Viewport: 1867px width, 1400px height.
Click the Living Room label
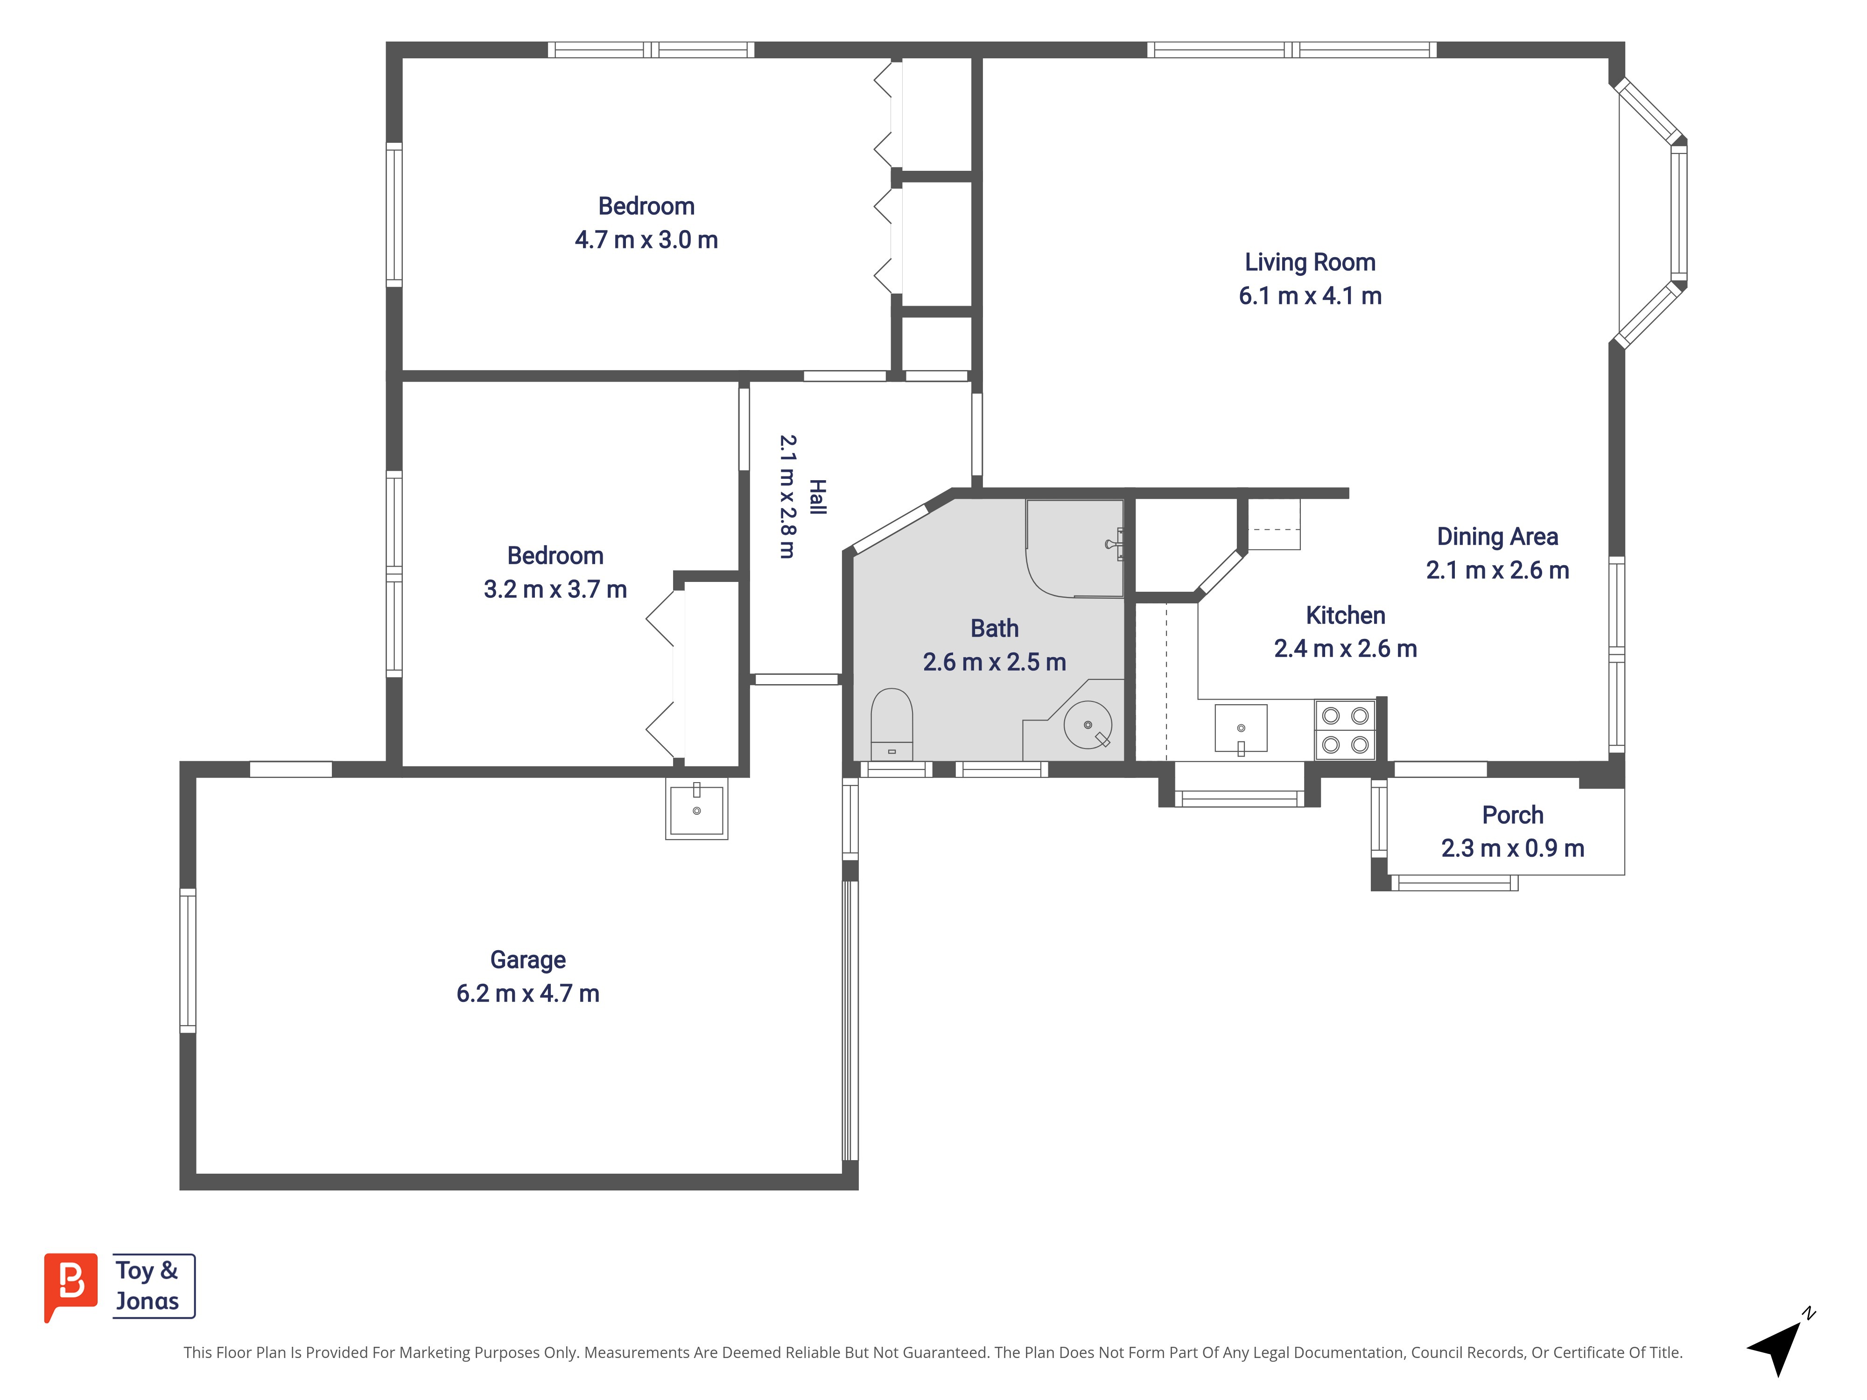pos(1310,262)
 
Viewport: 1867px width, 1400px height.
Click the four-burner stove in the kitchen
pos(1345,730)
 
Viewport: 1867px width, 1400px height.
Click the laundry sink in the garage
pos(696,808)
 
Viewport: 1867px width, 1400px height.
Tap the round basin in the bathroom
pos(1088,725)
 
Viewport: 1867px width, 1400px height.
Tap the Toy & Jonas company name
pos(147,1285)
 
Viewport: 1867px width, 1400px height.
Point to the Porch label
pos(1513,815)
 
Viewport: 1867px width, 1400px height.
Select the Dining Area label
pos(1497,537)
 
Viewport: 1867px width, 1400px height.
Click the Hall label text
pos(817,497)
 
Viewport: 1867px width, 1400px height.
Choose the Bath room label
pos(994,629)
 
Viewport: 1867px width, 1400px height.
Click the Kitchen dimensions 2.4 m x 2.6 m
pos(1345,648)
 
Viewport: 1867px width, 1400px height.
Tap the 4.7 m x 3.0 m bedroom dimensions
pos(646,240)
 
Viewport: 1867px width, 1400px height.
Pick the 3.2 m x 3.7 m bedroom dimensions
pos(555,589)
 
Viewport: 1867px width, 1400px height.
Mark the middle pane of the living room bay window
pos(1679,214)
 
